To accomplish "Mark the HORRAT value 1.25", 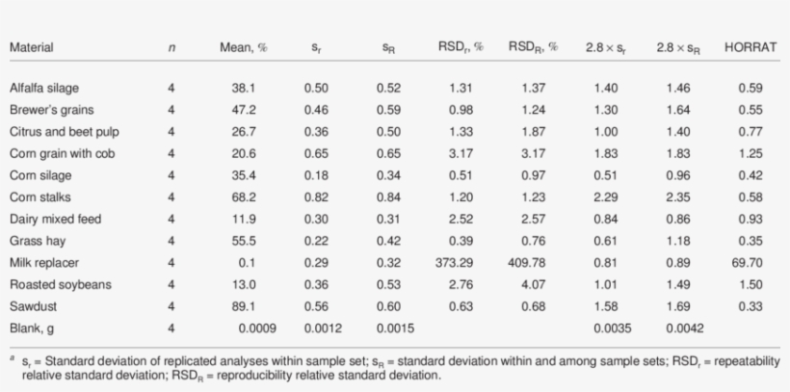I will [x=750, y=153].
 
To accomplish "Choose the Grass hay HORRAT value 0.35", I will [x=750, y=240].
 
